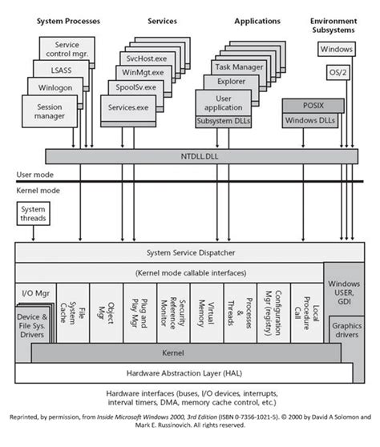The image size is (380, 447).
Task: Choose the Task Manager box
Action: [x=239, y=68]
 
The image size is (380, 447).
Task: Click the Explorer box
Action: [x=231, y=82]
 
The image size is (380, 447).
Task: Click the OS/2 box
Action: [x=338, y=72]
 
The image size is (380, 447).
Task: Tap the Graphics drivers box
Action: [x=346, y=331]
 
